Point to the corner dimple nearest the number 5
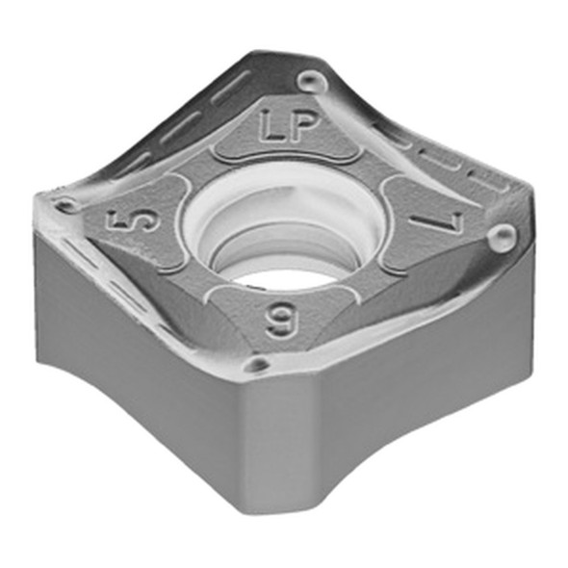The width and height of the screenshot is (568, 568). [x=66, y=204]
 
